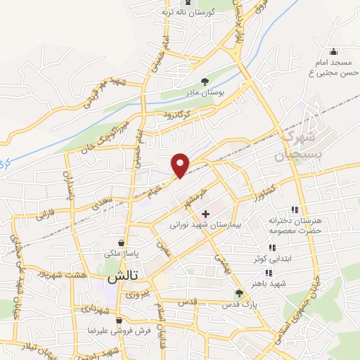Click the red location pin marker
pyautogui.click(x=181, y=165)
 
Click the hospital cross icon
pyautogui.click(x=205, y=214)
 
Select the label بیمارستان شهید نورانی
pyautogui.click(x=205, y=227)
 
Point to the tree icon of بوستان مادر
pyautogui.click(x=205, y=82)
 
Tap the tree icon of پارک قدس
pyautogui.click(x=239, y=294)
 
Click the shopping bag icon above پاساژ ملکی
pyautogui.click(x=122, y=243)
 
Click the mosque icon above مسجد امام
pyautogui.click(x=333, y=52)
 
